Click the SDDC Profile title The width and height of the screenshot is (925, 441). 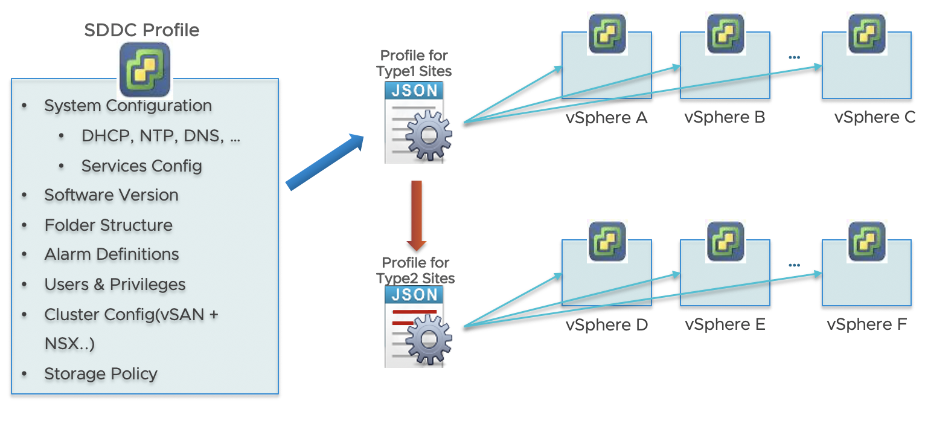point(142,30)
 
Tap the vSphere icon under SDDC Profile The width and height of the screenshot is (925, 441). point(144,69)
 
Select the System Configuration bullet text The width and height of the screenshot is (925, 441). point(128,106)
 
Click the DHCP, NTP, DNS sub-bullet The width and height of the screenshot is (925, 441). point(161,136)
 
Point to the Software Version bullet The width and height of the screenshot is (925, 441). point(111,195)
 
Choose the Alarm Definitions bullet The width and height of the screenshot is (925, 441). point(112,254)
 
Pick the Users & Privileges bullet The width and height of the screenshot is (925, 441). point(115,285)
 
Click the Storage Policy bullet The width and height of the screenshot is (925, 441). point(101,374)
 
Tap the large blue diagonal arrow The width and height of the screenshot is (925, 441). point(324,163)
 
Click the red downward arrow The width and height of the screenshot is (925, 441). point(417,215)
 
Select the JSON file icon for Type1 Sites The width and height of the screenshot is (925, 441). point(417,123)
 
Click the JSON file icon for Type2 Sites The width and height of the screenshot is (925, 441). point(417,327)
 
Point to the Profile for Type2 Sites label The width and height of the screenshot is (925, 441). point(415,271)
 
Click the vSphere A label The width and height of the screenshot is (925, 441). point(606,118)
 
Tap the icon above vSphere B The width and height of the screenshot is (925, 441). point(725,34)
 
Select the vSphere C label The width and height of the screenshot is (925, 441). point(875,117)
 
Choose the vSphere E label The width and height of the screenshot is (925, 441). point(725,325)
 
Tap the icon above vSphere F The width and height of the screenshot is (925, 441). point(866,242)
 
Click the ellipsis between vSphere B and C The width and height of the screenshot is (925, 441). point(794,57)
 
